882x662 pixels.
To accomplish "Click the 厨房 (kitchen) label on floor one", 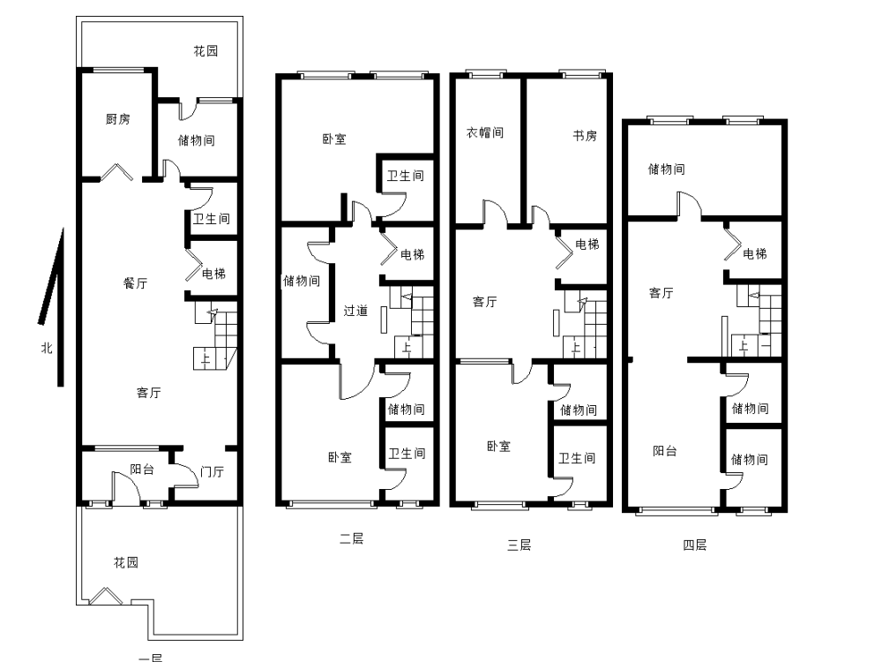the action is [117, 119].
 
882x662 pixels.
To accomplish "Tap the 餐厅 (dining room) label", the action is [135, 283].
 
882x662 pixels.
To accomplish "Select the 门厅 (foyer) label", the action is [212, 471].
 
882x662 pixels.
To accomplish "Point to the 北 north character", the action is [47, 348].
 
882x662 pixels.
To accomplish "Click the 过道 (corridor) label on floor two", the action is [355, 311].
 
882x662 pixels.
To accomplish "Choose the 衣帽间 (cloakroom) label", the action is [485, 133].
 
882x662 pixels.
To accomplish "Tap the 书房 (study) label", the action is [585, 136].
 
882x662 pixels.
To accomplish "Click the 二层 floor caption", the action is [352, 538].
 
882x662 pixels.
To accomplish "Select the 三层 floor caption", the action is [519, 545].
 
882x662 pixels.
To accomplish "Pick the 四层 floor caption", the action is [695, 545].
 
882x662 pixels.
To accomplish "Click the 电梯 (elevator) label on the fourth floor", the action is [755, 254].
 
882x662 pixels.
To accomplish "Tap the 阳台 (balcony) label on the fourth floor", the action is [665, 451].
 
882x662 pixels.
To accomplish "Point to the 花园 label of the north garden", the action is [206, 51].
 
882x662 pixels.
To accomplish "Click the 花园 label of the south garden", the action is [126, 562].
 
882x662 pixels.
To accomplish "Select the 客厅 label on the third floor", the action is [485, 302].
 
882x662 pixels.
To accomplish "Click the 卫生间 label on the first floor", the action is [212, 218].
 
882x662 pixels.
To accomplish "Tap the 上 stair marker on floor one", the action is [206, 358].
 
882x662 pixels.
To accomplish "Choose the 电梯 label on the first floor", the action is [213, 274].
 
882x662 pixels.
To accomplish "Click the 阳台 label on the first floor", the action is [142, 470].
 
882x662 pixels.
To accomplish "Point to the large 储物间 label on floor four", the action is [667, 169].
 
